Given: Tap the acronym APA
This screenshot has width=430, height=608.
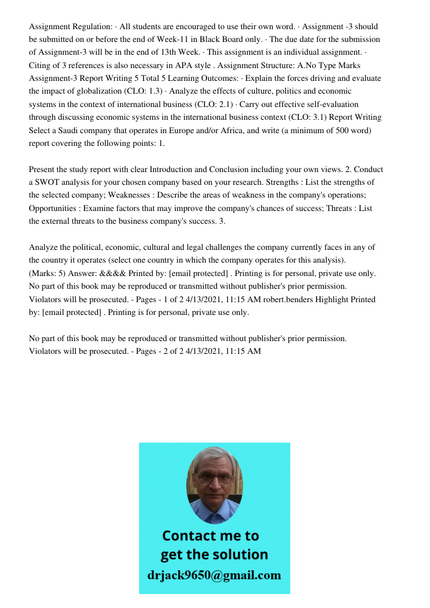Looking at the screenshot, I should click(187, 65).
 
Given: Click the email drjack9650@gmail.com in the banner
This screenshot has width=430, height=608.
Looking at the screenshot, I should click(214, 575).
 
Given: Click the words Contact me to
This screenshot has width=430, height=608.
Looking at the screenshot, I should click(211, 536).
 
